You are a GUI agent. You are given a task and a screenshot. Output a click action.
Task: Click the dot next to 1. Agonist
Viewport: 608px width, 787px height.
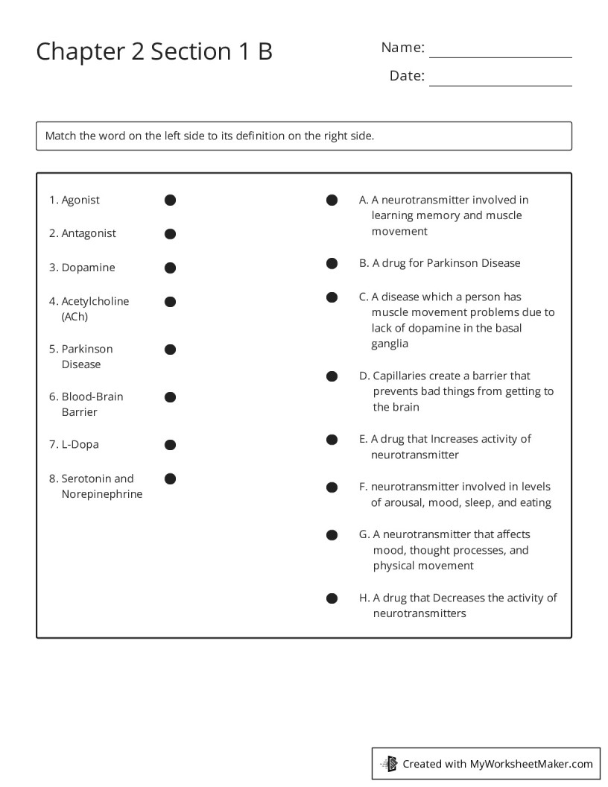[x=170, y=200]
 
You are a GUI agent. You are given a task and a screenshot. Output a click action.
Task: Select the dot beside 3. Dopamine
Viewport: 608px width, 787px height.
[x=170, y=268]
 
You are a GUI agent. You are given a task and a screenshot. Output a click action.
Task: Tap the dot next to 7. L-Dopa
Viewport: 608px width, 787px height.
[x=170, y=445]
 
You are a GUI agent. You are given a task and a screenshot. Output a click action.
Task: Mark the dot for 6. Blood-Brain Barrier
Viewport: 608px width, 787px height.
[x=170, y=397]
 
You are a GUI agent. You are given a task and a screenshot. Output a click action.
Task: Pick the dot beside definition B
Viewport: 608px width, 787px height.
[x=332, y=263]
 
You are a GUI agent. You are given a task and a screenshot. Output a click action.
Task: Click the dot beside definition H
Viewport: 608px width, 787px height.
[x=332, y=598]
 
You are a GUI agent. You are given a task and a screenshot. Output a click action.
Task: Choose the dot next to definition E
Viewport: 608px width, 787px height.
[x=332, y=440]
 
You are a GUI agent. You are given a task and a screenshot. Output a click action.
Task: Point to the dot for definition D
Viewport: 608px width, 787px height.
[x=332, y=376]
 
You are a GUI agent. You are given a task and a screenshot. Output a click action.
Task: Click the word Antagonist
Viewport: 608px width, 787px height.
[x=89, y=233]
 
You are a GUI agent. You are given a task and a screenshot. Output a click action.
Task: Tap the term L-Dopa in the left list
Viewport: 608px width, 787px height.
[x=80, y=444]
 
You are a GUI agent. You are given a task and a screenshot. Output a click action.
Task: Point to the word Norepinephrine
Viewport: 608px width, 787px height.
[x=101, y=494]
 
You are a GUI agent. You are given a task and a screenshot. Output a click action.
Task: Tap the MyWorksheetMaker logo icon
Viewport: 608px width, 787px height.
[x=390, y=763]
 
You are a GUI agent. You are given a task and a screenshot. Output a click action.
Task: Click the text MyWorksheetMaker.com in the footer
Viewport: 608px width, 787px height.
[x=531, y=763]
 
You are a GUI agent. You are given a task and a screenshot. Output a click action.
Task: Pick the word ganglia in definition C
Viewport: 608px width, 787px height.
[x=390, y=344]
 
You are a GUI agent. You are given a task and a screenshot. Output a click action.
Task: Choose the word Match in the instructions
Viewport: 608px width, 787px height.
[x=60, y=136]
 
